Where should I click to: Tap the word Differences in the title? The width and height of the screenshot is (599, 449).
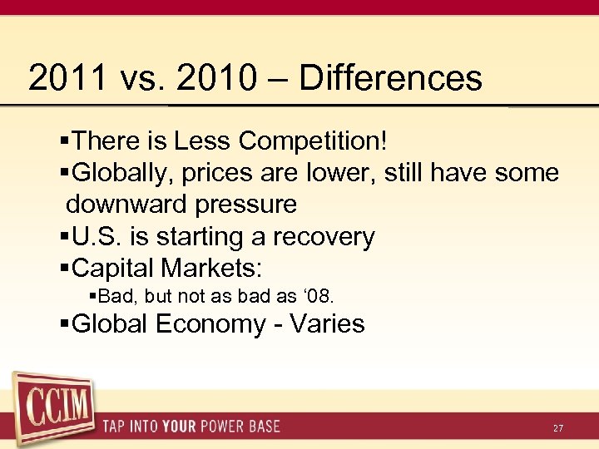(390, 78)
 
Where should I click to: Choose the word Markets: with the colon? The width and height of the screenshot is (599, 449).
(213, 269)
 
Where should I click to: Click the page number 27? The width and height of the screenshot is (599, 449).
(558, 427)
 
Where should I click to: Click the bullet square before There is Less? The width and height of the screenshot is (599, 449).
(66, 142)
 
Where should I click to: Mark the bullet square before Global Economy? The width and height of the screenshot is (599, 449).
(66, 324)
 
